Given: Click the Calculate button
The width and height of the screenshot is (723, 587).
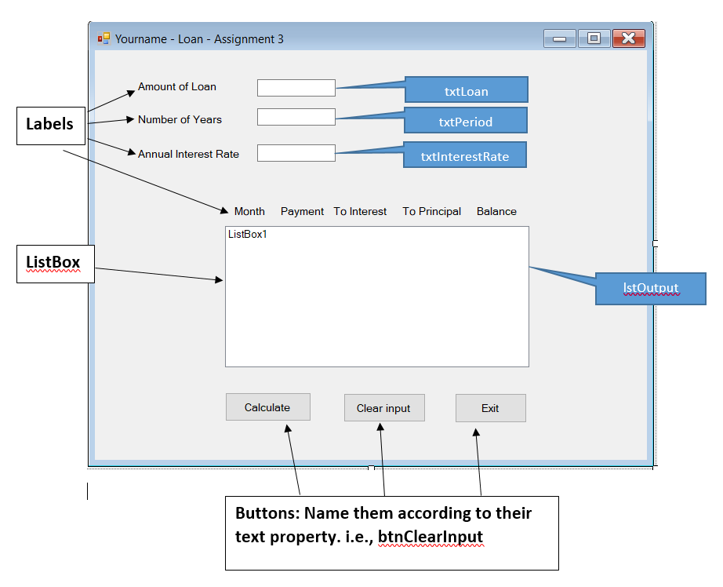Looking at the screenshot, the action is (267, 407).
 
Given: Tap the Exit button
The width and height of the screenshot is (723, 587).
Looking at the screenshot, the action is (490, 408).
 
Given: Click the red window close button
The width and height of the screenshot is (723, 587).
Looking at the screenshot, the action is (628, 38).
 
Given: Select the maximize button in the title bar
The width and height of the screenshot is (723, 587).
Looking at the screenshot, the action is (594, 38).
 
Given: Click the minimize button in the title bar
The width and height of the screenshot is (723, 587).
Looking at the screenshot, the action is (559, 38).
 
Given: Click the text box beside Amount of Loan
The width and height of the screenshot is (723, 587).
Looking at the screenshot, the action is (296, 88).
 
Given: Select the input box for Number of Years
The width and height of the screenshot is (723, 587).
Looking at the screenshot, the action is (296, 117).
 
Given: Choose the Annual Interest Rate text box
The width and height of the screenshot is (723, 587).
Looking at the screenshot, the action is (296, 153).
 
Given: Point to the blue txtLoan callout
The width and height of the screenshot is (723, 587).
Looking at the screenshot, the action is (466, 90).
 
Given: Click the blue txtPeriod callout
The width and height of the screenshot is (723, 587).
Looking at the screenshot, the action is (465, 121).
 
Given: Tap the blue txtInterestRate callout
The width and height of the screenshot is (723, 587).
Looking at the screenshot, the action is (464, 155).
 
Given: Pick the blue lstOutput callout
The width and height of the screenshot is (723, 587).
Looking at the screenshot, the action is (650, 288).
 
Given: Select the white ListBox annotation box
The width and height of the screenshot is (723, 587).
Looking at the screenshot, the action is (54, 263).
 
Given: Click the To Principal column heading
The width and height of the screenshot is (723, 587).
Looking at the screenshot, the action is (431, 211).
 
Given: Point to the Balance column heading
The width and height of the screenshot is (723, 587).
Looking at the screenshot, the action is (496, 211).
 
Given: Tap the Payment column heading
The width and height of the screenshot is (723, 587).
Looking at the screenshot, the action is (302, 211).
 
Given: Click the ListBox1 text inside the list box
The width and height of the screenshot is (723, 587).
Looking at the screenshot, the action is (248, 234).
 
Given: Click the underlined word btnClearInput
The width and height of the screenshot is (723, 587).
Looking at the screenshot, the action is (430, 537).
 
